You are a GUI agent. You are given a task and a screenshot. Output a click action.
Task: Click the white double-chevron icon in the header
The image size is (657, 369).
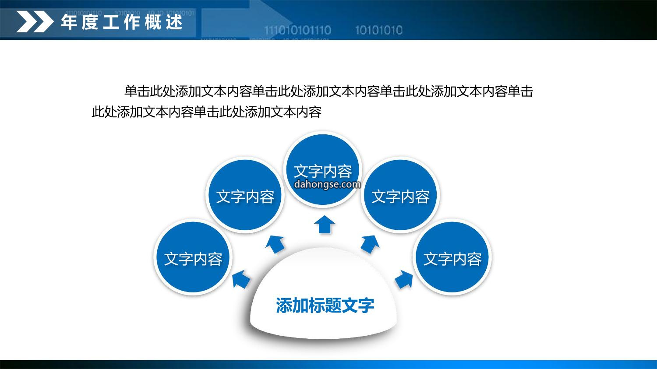pos(35,21)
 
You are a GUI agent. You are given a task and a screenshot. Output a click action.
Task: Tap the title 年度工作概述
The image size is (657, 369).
pos(122,22)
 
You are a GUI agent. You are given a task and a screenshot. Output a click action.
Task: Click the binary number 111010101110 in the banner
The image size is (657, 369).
pos(298,30)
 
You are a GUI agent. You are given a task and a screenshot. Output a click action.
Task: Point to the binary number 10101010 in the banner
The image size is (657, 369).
pos(379,30)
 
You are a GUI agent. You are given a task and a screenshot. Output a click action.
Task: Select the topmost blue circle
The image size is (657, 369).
pos(323,169)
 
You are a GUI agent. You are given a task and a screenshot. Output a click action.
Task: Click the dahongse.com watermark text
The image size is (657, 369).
pos(327,184)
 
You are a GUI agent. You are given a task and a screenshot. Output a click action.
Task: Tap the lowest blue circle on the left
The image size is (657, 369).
pos(193,257)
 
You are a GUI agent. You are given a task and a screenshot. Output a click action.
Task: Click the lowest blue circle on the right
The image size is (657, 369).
pos(452,257)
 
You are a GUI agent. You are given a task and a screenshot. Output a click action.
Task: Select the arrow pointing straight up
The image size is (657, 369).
pos(325,225)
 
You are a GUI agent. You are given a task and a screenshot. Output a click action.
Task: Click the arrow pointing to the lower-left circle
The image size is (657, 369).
pos(241,279)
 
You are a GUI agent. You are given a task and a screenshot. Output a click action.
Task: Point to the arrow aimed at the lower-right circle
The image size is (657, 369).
pos(404,279)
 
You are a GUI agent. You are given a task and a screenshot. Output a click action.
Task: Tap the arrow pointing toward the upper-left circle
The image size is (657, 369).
pos(276,244)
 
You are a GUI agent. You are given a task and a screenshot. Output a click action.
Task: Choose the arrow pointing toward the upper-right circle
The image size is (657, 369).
pos(370,244)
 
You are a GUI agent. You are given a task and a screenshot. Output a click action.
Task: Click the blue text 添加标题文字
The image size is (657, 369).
pos(325,306)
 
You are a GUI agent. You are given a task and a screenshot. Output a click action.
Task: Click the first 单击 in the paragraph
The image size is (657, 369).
pos(137,91)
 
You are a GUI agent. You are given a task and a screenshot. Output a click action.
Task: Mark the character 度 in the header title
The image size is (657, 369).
pos(90,22)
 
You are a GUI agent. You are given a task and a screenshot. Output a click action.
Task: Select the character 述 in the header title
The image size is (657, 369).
pos(174,22)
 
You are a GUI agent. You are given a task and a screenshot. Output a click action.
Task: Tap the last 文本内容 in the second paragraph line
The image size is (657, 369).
pos(296,112)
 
